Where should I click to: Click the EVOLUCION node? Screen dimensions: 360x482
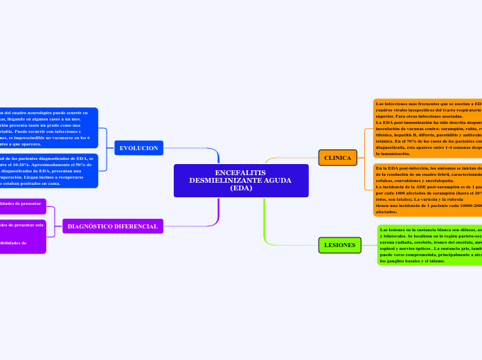[x=139, y=148]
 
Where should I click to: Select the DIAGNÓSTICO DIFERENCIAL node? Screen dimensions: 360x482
[x=112, y=226]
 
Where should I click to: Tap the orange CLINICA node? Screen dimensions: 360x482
[x=337, y=158]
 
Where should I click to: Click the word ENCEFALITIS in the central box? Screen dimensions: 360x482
[x=240, y=172]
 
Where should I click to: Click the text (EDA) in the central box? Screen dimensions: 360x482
[x=240, y=188]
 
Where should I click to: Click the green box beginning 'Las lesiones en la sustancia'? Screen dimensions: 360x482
[x=429, y=245]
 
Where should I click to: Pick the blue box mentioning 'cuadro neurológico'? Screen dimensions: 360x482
[x=48, y=128]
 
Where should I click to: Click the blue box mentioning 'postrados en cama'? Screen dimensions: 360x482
[x=48, y=172]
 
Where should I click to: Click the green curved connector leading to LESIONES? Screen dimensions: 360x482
[x=266, y=228]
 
